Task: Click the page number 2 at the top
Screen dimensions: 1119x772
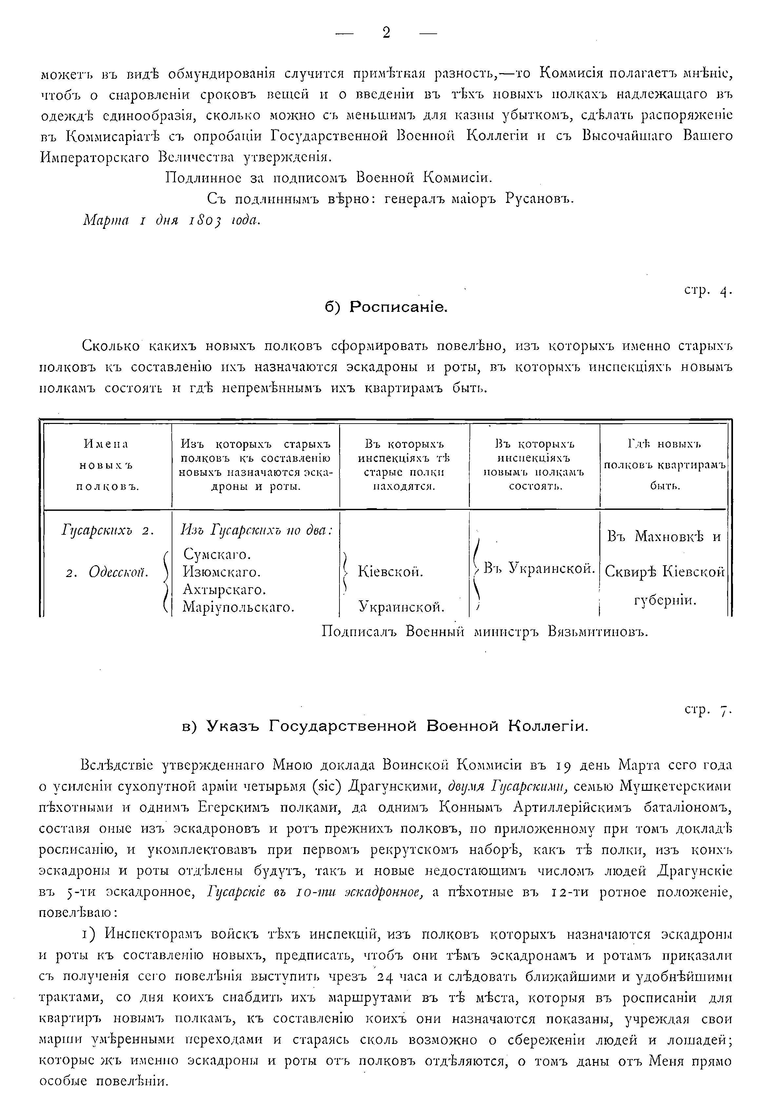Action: tap(386, 33)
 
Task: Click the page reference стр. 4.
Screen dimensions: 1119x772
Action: tap(708, 291)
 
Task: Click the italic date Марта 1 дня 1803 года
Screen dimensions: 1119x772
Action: tap(172, 220)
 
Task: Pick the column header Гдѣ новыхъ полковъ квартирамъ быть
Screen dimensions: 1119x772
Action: tap(665, 465)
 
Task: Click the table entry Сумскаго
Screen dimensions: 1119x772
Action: tap(216, 554)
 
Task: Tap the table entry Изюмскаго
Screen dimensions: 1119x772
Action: tap(222, 572)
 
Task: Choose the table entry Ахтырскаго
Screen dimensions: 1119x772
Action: tap(224, 590)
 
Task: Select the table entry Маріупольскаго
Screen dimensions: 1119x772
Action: tap(239, 607)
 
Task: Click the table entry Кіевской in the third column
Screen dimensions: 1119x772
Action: tap(390, 572)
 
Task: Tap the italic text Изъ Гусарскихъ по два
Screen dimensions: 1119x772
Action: tap(256, 531)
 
